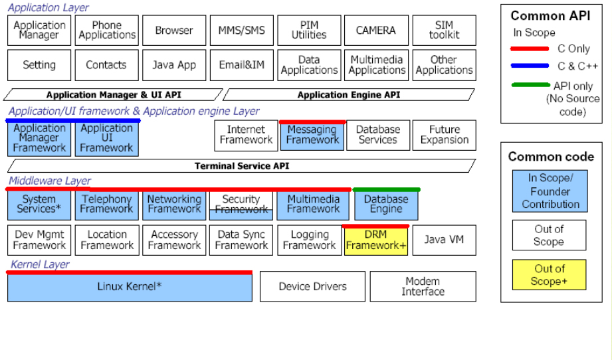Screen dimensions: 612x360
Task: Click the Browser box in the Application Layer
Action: point(174,31)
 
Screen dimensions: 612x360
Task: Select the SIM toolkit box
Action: point(444,31)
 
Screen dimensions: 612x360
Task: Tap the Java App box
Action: point(174,65)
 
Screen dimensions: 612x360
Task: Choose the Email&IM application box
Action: point(242,65)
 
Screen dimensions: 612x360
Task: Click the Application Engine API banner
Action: point(349,95)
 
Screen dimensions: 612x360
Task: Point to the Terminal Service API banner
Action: point(242,166)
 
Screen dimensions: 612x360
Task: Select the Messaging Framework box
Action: point(312,135)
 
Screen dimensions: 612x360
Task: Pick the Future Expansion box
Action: point(444,135)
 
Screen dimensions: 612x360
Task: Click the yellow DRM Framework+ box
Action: point(376,240)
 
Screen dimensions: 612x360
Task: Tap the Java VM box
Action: point(444,240)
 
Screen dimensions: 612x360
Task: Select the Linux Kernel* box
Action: point(130,287)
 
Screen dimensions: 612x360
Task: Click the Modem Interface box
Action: point(423,287)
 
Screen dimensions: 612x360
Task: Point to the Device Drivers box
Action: point(312,287)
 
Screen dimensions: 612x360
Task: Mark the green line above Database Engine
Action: point(386,190)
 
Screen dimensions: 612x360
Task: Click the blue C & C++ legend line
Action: point(530,66)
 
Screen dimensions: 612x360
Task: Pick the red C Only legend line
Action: point(530,48)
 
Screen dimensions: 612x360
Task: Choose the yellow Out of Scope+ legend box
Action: point(549,275)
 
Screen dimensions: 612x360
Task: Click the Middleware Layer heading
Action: point(50,181)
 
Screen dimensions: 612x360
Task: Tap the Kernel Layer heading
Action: point(40,264)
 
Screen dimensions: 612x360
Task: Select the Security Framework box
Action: point(241,205)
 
